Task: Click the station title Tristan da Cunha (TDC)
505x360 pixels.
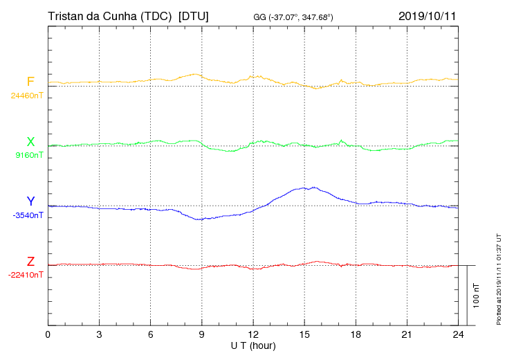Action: pyautogui.click(x=109, y=15)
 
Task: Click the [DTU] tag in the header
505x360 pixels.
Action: pyautogui.click(x=194, y=15)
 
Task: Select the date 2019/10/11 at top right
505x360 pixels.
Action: pyautogui.click(x=427, y=15)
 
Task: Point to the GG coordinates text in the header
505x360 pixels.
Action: pyautogui.click(x=293, y=17)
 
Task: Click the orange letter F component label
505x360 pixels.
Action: pyautogui.click(x=30, y=82)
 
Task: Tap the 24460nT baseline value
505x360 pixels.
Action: pyautogui.click(x=27, y=96)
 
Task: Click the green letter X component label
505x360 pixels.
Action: pyautogui.click(x=30, y=142)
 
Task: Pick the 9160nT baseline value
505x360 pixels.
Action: pyautogui.click(x=28, y=155)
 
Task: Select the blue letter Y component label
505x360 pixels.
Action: pyautogui.click(x=30, y=201)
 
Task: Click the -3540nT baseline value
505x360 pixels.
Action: pyautogui.click(x=28, y=215)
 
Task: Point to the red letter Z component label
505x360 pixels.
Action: pyautogui.click(x=30, y=262)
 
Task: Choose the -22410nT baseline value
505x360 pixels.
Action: pyautogui.click(x=26, y=275)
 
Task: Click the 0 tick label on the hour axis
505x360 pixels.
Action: pyautogui.click(x=48, y=335)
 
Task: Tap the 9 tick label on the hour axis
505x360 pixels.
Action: pyautogui.click(x=201, y=335)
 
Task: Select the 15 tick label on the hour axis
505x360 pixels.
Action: pyautogui.click(x=304, y=335)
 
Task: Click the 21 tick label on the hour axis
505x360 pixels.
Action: pyautogui.click(x=407, y=335)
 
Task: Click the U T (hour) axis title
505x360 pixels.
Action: pyautogui.click(x=253, y=345)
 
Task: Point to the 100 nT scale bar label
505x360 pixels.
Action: pyautogui.click(x=477, y=296)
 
